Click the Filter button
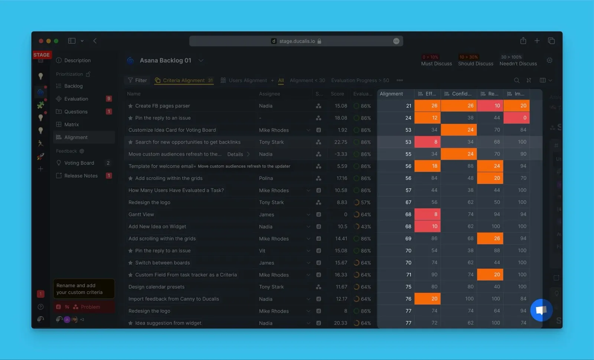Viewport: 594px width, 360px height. coord(137,80)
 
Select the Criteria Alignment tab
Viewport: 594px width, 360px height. coord(183,80)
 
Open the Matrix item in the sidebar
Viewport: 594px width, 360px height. coord(71,124)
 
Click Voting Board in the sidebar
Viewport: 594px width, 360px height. coord(79,163)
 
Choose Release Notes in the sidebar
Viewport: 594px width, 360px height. coord(81,176)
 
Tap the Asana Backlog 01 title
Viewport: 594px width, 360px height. coord(165,60)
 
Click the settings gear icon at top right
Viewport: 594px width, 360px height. coord(549,60)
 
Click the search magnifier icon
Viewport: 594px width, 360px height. coord(516,80)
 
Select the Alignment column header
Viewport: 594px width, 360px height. coord(391,94)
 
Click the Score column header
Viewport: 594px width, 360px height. coord(337,94)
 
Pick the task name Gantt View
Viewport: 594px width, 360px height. coord(141,215)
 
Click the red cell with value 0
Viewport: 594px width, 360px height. coord(516,118)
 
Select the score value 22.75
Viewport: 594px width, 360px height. coord(340,142)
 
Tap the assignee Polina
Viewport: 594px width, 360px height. coord(266,178)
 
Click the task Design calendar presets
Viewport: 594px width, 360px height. coord(156,287)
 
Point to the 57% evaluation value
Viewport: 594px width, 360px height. coord(365,203)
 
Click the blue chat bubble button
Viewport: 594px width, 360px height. coord(541,310)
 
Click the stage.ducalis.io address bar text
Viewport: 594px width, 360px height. coord(297,41)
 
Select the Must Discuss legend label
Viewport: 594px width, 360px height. coord(436,64)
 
